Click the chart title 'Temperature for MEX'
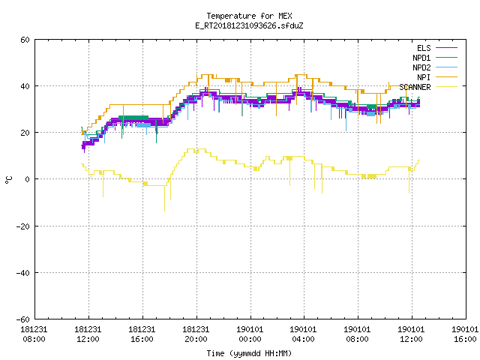point(249,16)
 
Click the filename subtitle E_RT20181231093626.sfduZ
point(249,25)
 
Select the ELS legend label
point(424,48)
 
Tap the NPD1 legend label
point(421,58)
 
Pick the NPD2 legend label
point(421,67)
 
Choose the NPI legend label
point(424,77)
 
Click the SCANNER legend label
point(415,87)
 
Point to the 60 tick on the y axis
point(25,40)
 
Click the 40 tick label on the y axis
point(25,86)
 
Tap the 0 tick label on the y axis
point(27,179)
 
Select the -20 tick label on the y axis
point(23,226)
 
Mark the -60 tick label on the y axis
point(23,319)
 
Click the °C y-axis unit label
point(8,180)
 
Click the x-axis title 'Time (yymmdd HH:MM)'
point(249,353)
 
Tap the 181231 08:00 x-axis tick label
point(34,334)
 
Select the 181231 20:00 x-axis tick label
point(196,334)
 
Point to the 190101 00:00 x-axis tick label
point(250,334)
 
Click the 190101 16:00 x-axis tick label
point(465,334)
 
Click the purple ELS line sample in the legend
point(446,48)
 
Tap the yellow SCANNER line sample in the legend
point(446,87)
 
